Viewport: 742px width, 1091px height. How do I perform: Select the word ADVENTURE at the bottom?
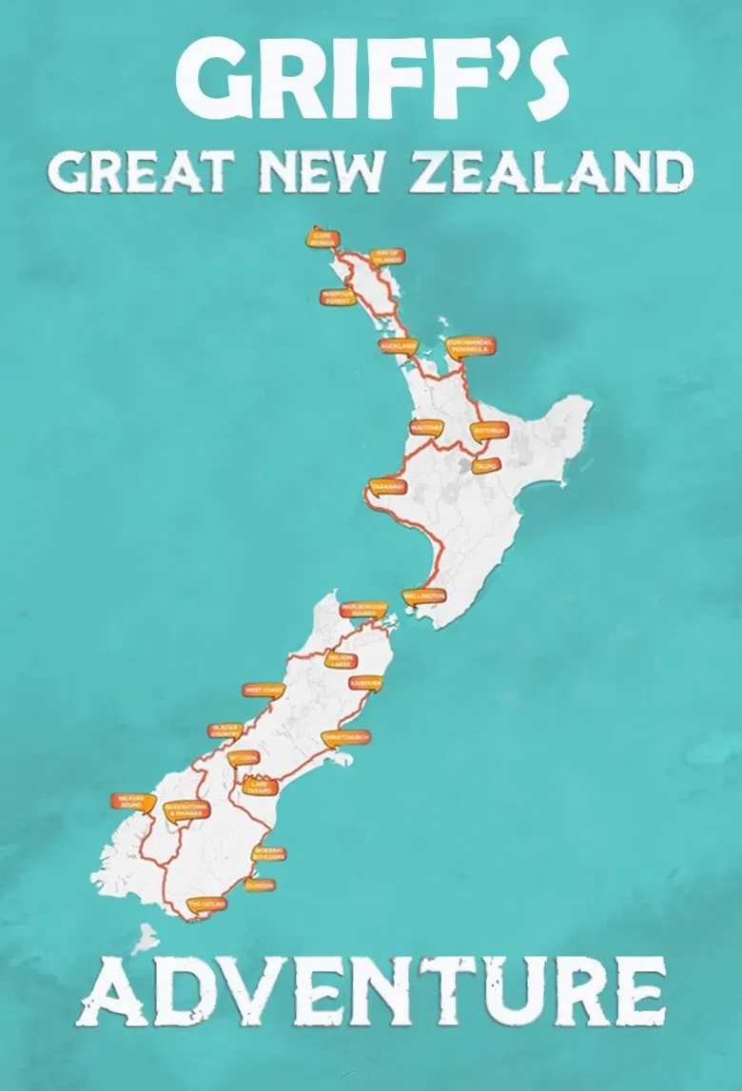coord(371,990)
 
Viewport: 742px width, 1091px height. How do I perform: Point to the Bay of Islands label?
coord(387,256)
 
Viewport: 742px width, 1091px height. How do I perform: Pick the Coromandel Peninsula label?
coord(470,346)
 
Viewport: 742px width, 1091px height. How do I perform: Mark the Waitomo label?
coord(426,428)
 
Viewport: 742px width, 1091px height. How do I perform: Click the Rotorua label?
coord(491,430)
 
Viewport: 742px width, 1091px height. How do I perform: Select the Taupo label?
coord(485,465)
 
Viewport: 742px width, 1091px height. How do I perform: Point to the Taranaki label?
coord(386,486)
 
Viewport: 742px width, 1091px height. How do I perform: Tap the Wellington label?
coord(424,596)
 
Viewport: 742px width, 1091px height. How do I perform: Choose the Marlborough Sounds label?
coord(364,610)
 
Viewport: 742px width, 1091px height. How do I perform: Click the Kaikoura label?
coord(365,683)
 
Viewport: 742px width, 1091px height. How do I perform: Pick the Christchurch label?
coord(345,737)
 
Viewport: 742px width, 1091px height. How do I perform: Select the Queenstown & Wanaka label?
coord(184,810)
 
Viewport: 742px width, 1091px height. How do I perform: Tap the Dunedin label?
coord(260,885)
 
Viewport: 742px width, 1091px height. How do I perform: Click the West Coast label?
coord(264,690)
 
